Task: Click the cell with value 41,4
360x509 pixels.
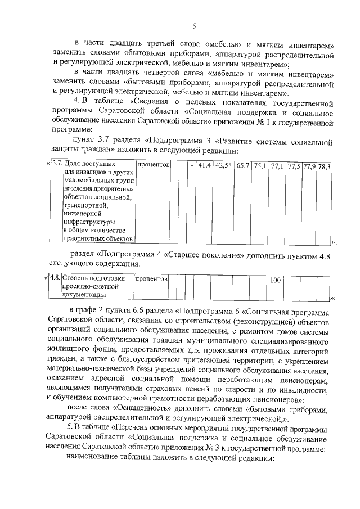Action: point(204,166)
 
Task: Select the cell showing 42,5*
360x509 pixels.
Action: point(224,166)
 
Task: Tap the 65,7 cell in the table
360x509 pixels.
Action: point(244,166)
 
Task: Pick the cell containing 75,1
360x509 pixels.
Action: point(260,166)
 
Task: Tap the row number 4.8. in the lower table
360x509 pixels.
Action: point(55,278)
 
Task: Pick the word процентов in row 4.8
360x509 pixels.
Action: point(152,278)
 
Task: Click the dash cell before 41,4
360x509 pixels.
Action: point(192,166)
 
